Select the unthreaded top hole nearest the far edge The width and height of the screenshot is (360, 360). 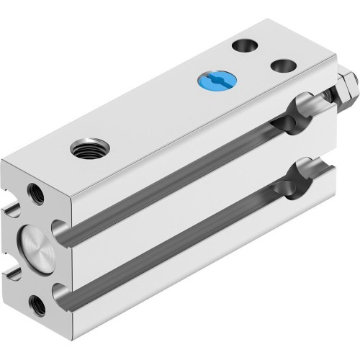244,45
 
